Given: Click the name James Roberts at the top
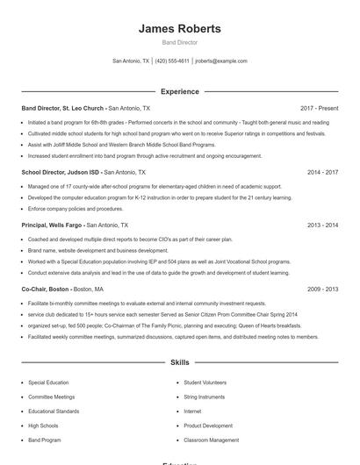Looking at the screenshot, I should point(179,28).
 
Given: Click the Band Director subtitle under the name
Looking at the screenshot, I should point(179,42).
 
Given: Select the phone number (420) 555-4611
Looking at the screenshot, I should point(172,61).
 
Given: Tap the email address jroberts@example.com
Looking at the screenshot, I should point(221,61).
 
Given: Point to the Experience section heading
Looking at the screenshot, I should point(179,91).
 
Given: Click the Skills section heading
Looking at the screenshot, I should point(179,361).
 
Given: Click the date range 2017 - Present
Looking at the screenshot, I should point(319,108).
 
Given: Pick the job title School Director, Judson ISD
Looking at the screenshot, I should point(61,173).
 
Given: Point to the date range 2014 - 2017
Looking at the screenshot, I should point(322,173).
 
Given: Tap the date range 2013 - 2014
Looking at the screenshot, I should point(322,225).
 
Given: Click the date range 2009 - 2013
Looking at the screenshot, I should point(322,289).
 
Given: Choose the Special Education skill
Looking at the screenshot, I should point(48,383).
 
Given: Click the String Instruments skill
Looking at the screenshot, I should point(205,397).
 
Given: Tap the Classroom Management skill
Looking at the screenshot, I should point(211,440).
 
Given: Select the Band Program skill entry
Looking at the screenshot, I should point(45,440).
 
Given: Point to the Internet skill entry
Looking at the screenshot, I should point(192,411).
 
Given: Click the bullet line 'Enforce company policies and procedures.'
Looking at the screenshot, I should point(76,209).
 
